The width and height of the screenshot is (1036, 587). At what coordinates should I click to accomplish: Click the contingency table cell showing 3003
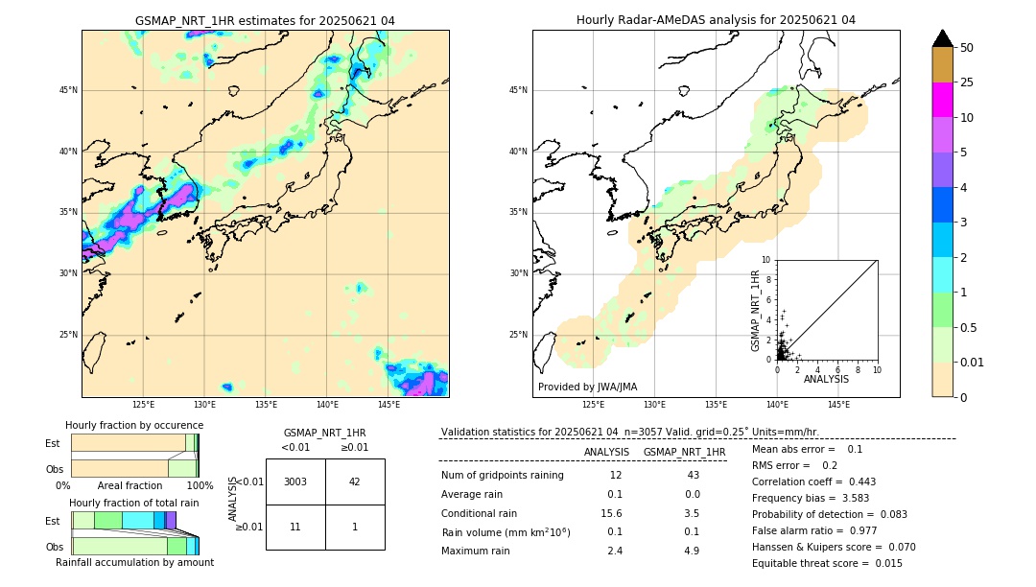point(295,481)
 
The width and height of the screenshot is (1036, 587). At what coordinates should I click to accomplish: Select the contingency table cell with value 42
point(355,481)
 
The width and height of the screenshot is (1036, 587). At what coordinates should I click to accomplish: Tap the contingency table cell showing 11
point(295,527)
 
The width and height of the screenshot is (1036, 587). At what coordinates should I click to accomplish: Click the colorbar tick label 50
point(967,47)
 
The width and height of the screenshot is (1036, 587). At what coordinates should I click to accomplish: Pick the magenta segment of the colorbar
point(942,100)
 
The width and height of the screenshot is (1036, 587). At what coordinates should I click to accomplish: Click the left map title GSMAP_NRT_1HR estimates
point(265,20)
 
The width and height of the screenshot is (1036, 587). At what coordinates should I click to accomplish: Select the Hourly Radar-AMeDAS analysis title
point(716,20)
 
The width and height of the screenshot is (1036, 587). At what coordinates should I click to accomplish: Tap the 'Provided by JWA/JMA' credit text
point(587,387)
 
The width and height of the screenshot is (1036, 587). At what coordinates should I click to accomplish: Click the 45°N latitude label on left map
point(68,90)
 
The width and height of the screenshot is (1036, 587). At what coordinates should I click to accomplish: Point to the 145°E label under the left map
point(388,405)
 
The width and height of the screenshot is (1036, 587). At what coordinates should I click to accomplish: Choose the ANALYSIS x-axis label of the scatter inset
point(826,380)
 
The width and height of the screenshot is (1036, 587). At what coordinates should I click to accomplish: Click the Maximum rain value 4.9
point(692,551)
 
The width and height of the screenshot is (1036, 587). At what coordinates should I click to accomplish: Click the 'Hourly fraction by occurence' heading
point(134,425)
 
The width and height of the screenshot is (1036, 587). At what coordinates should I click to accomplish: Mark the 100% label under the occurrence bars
point(200,485)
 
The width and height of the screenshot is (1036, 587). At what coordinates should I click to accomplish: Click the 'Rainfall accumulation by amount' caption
point(134,562)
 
